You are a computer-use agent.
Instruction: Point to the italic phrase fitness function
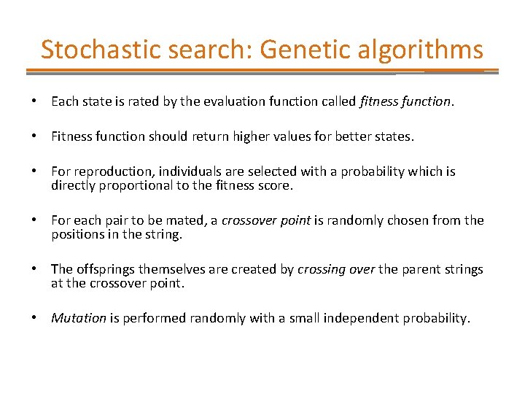point(405,101)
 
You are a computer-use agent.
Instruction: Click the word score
point(276,185)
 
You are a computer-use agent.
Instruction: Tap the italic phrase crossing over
point(336,269)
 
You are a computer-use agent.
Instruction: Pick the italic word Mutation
point(79,318)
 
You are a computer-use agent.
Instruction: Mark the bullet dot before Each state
point(34,101)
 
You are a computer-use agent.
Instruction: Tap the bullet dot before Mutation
point(34,318)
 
